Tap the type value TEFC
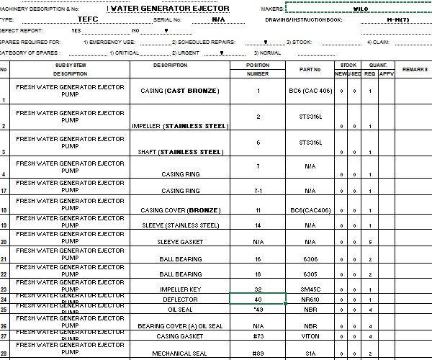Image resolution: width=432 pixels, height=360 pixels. coord(88,19)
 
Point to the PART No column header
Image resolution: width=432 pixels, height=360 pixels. coord(309,69)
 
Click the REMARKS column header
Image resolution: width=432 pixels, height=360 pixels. coord(415,69)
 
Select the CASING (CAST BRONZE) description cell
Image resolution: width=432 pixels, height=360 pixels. coord(181,91)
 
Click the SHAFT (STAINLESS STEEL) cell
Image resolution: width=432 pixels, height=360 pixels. coord(181,152)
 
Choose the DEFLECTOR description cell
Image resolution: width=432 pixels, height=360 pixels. coord(180,299)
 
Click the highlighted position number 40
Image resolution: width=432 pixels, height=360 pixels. coord(258,299)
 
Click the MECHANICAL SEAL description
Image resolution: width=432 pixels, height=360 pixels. coord(180,354)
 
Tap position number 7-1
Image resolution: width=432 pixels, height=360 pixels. coord(258,191)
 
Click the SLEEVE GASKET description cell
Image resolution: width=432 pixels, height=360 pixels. coord(180,243)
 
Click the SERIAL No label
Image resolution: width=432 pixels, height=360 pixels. coord(167,20)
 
